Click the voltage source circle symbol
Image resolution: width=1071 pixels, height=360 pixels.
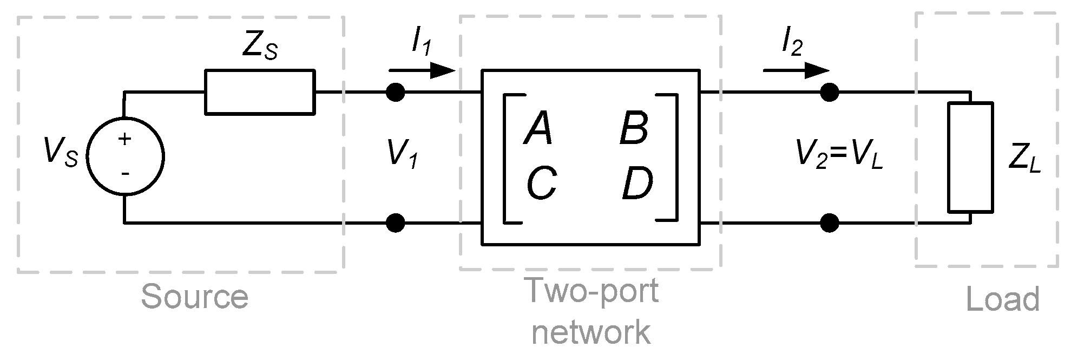125,158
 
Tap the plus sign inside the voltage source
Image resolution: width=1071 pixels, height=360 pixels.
125,139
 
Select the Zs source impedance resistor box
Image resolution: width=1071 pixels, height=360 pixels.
259,92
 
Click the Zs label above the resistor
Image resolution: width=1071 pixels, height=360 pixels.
259,49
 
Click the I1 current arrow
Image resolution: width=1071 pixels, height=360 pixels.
422,70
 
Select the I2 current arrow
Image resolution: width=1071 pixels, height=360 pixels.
796,70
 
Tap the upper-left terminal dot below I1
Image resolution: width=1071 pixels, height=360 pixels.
396,93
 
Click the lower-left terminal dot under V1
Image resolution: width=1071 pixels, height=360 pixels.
396,222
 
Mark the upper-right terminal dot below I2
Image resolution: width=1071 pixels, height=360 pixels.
829,93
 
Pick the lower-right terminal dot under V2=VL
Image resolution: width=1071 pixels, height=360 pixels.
829,222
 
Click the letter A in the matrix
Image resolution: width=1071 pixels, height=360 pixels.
538,129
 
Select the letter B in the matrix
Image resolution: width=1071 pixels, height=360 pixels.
634,129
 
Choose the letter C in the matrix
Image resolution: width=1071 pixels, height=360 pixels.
541,182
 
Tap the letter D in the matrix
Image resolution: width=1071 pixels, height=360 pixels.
637,182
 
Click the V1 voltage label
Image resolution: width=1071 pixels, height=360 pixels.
402,154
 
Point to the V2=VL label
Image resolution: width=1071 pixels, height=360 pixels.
839,155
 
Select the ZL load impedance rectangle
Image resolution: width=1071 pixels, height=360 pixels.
970,157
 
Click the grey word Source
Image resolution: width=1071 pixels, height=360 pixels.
194,297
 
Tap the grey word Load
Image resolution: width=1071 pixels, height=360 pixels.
1003,299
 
